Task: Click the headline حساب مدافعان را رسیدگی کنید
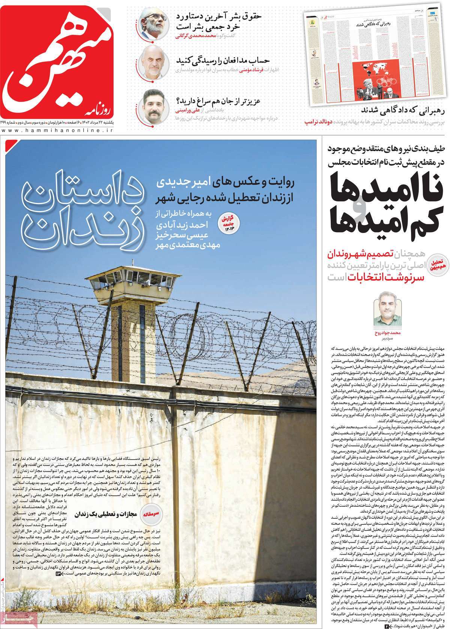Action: [x=219, y=60]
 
